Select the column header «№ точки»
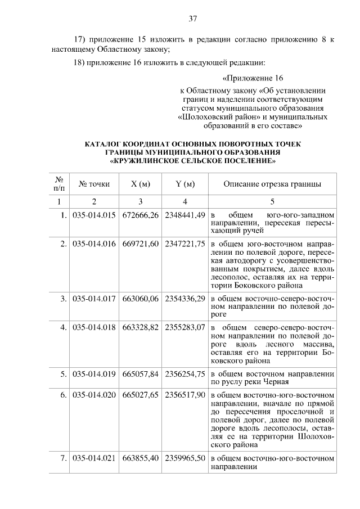tap(94, 184)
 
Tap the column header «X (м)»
tap(140, 184)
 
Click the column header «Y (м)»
tap(184, 184)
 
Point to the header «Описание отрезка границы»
tap(272, 184)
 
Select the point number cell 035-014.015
tap(94, 215)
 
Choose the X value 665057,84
tap(140, 373)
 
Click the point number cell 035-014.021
tap(94, 458)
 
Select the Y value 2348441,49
tap(185, 215)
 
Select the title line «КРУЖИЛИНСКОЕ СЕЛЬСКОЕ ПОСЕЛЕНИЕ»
tap(192, 160)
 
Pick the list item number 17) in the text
tap(83, 40)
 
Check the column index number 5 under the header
tap(272, 201)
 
